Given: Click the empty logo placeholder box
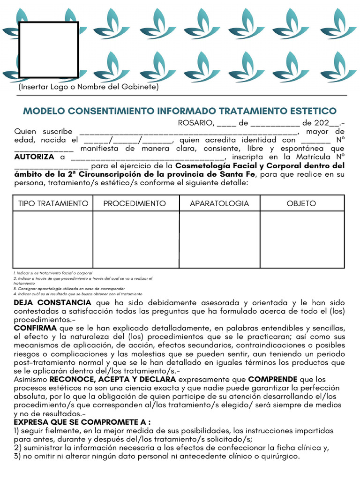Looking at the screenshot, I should (48, 49).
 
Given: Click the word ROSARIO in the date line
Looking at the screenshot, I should (195, 123).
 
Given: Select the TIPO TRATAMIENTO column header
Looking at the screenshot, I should (53, 203).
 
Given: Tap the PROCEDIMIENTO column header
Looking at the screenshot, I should (135, 203).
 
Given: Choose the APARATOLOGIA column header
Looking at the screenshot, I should (219, 203).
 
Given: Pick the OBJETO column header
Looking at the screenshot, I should (301, 203).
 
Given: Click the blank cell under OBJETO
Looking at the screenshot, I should (302, 239).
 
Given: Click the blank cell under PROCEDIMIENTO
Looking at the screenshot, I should (136, 239).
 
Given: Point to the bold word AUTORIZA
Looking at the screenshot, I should (34, 157).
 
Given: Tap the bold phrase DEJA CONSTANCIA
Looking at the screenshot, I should (52, 303).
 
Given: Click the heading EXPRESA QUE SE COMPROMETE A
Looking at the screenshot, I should (82, 422).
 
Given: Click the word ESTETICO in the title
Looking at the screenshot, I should (315, 111).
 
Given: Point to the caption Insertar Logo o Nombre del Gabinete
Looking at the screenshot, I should (89, 87).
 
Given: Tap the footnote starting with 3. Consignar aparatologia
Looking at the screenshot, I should (69, 289).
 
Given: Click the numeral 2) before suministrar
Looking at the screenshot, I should (17, 448).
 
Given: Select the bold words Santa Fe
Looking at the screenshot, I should (237, 174).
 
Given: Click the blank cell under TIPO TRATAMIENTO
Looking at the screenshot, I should (53, 239).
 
